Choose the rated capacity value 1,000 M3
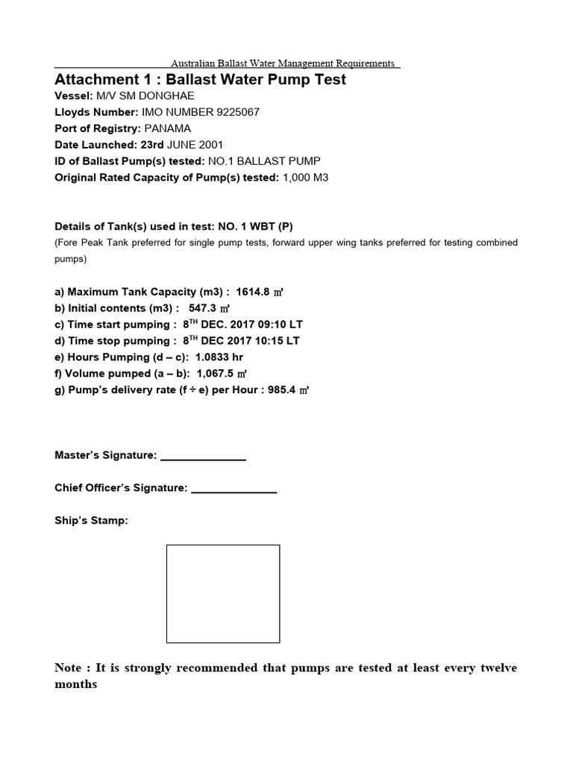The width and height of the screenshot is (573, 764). [306, 177]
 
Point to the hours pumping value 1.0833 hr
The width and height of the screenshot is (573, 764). [219, 357]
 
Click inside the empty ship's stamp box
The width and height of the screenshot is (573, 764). [223, 593]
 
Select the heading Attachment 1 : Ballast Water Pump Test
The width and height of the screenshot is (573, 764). [201, 79]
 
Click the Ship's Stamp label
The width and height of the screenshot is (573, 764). [91, 521]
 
